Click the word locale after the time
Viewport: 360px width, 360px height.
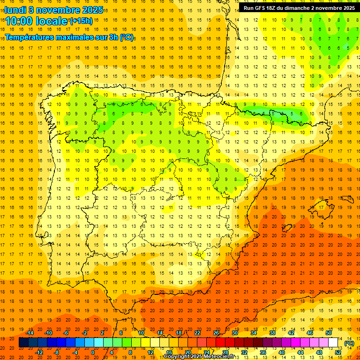[53, 21]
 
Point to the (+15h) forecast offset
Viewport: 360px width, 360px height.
[81, 21]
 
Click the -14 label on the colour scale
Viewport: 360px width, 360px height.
[30, 333]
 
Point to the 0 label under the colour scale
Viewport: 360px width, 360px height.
[93, 352]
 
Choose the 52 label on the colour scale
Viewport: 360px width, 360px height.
[338, 352]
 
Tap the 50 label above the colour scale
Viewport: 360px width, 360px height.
[329, 333]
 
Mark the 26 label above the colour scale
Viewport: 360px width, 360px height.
[216, 333]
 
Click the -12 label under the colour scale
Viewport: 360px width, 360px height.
[39, 352]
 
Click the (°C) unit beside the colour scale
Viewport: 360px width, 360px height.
[350, 343]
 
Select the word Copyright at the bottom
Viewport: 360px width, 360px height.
[177, 357]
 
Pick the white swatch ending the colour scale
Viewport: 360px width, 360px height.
[333, 343]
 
